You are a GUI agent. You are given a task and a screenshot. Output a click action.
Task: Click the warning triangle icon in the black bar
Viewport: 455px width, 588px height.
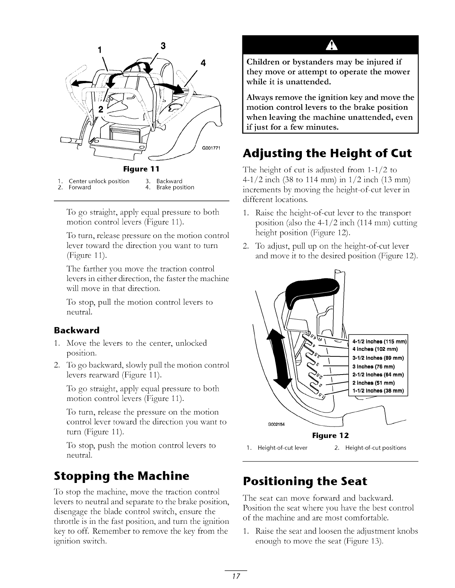click(330, 45)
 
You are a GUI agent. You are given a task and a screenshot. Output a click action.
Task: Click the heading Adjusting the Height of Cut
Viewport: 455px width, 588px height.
click(327, 153)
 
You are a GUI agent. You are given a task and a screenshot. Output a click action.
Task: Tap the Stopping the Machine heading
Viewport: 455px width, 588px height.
click(122, 476)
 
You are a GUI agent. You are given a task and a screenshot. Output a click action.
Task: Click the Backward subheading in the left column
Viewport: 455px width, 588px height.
click(77, 330)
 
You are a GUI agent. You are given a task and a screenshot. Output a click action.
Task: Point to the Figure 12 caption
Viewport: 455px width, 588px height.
click(330, 435)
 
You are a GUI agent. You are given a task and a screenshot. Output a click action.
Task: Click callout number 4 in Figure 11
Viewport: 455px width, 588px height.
click(203, 63)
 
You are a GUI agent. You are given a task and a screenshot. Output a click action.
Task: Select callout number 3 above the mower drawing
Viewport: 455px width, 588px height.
click(163, 46)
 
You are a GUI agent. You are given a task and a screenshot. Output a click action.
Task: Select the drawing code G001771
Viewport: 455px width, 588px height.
click(211, 148)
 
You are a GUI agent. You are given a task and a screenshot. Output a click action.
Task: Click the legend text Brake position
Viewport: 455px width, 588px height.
click(175, 187)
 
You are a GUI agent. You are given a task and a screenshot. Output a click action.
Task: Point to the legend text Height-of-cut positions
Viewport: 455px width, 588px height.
click(375, 448)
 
